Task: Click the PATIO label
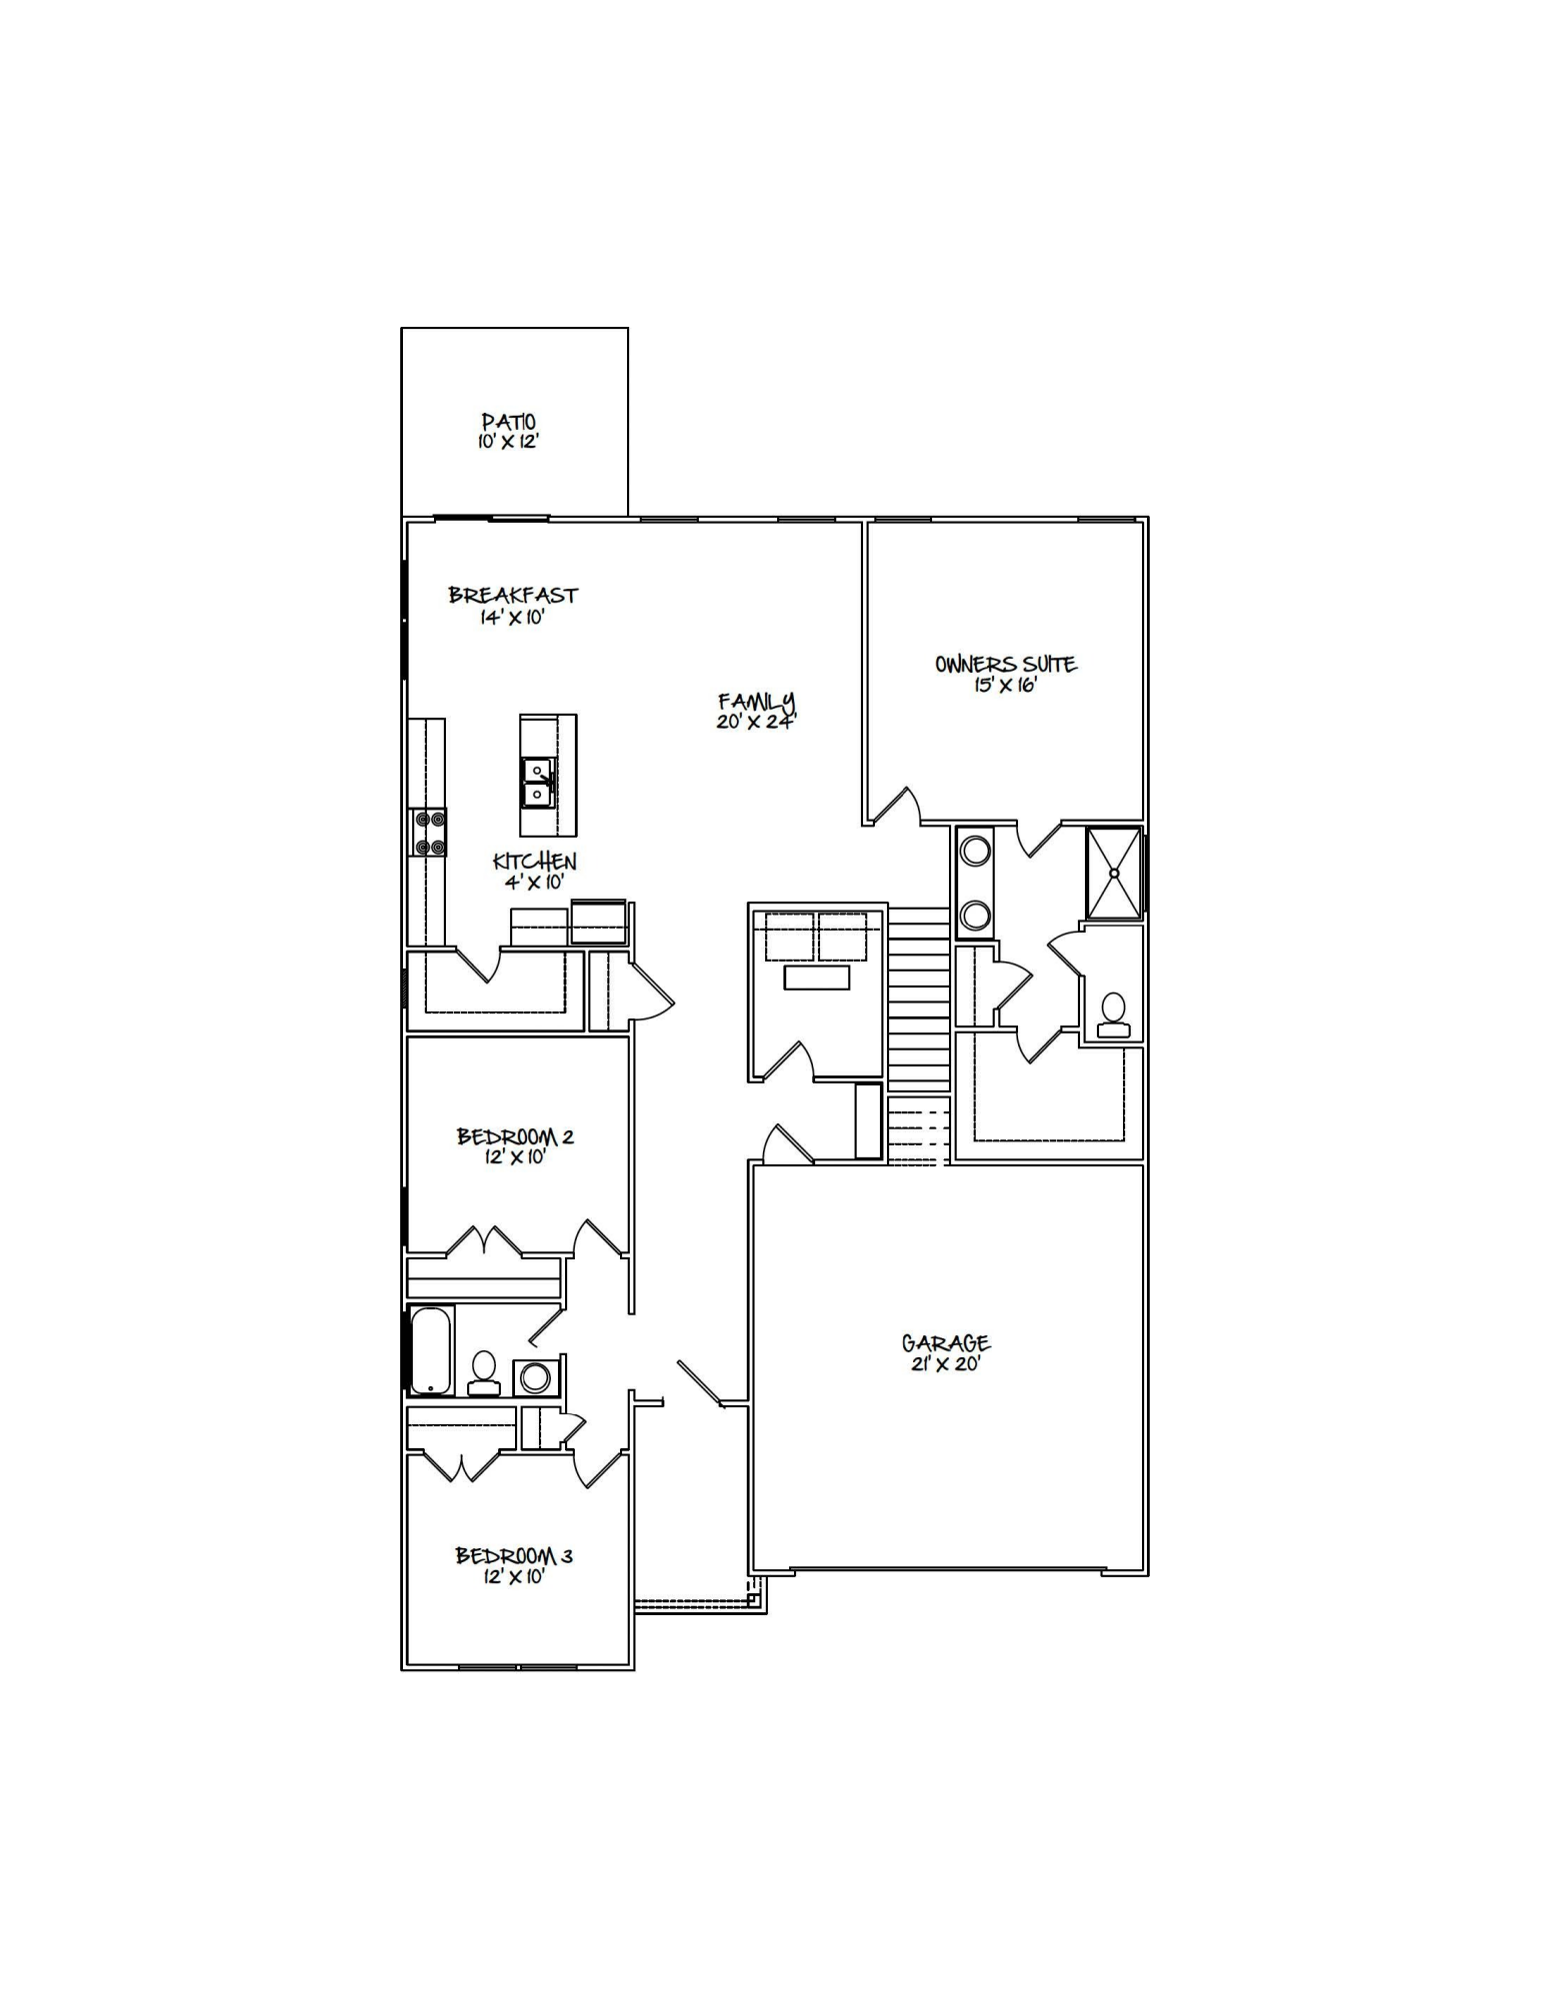click(x=508, y=422)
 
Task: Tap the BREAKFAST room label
click(x=513, y=595)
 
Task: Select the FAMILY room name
click(x=756, y=702)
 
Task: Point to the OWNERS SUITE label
click(x=1006, y=664)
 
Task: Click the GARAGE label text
click(x=946, y=1343)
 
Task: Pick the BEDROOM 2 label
click(x=515, y=1136)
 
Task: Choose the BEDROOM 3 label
click(x=514, y=1555)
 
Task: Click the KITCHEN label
click(x=535, y=861)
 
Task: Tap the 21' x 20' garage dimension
click(x=946, y=1364)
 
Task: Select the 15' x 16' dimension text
click(x=1006, y=686)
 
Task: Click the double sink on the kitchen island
click(x=537, y=783)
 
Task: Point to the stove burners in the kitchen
click(x=429, y=833)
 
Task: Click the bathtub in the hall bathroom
click(x=432, y=1349)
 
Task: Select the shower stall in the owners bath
click(x=1114, y=873)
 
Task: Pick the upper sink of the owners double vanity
click(x=975, y=852)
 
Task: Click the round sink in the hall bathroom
click(x=535, y=1377)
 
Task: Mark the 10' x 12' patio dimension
click(x=508, y=442)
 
